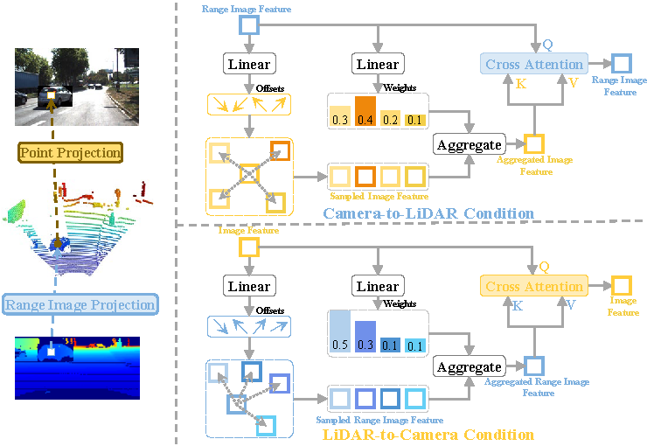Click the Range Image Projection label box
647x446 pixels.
tap(80, 305)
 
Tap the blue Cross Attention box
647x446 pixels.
tap(533, 64)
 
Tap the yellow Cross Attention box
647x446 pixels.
tap(533, 286)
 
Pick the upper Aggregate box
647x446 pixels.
tap(469, 144)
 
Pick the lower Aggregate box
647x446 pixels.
tap(469, 367)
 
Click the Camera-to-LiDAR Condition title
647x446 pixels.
tap(428, 213)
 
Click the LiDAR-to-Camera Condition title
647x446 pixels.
tap(428, 435)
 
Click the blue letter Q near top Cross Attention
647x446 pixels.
tap(547, 44)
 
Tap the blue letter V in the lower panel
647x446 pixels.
tap(569, 306)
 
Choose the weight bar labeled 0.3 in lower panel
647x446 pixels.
tap(365, 338)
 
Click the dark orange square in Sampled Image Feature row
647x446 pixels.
tap(365, 178)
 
